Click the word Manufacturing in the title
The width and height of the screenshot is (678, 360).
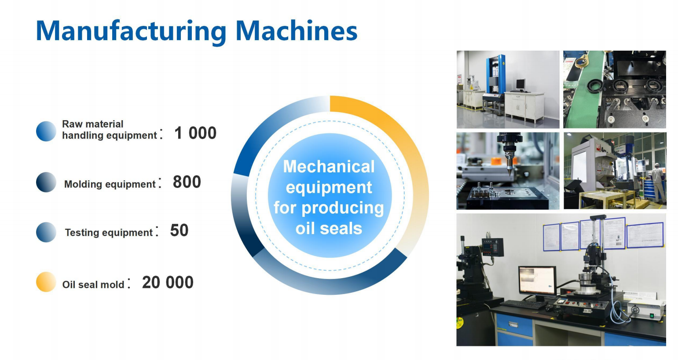coord(131,31)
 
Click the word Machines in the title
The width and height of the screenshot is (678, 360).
coord(296,31)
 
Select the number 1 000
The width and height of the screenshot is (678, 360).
coord(195,133)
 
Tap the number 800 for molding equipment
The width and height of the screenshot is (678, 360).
coord(187,182)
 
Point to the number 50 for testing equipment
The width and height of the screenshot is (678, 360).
coord(179,230)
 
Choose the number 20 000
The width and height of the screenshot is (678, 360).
coord(168,283)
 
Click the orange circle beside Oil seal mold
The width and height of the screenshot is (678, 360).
coord(46,282)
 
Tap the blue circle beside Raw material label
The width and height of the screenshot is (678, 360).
coord(46,131)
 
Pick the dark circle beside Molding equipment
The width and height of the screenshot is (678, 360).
coord(46,182)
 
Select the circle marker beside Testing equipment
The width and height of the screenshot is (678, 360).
coord(46,232)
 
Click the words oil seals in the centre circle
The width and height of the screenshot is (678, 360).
coord(329,228)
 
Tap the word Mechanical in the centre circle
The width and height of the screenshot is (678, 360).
coord(329,167)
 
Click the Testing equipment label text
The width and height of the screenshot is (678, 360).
coord(109,232)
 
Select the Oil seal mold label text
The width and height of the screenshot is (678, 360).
coord(93,285)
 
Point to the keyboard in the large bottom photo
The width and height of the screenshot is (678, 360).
coord(523,304)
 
